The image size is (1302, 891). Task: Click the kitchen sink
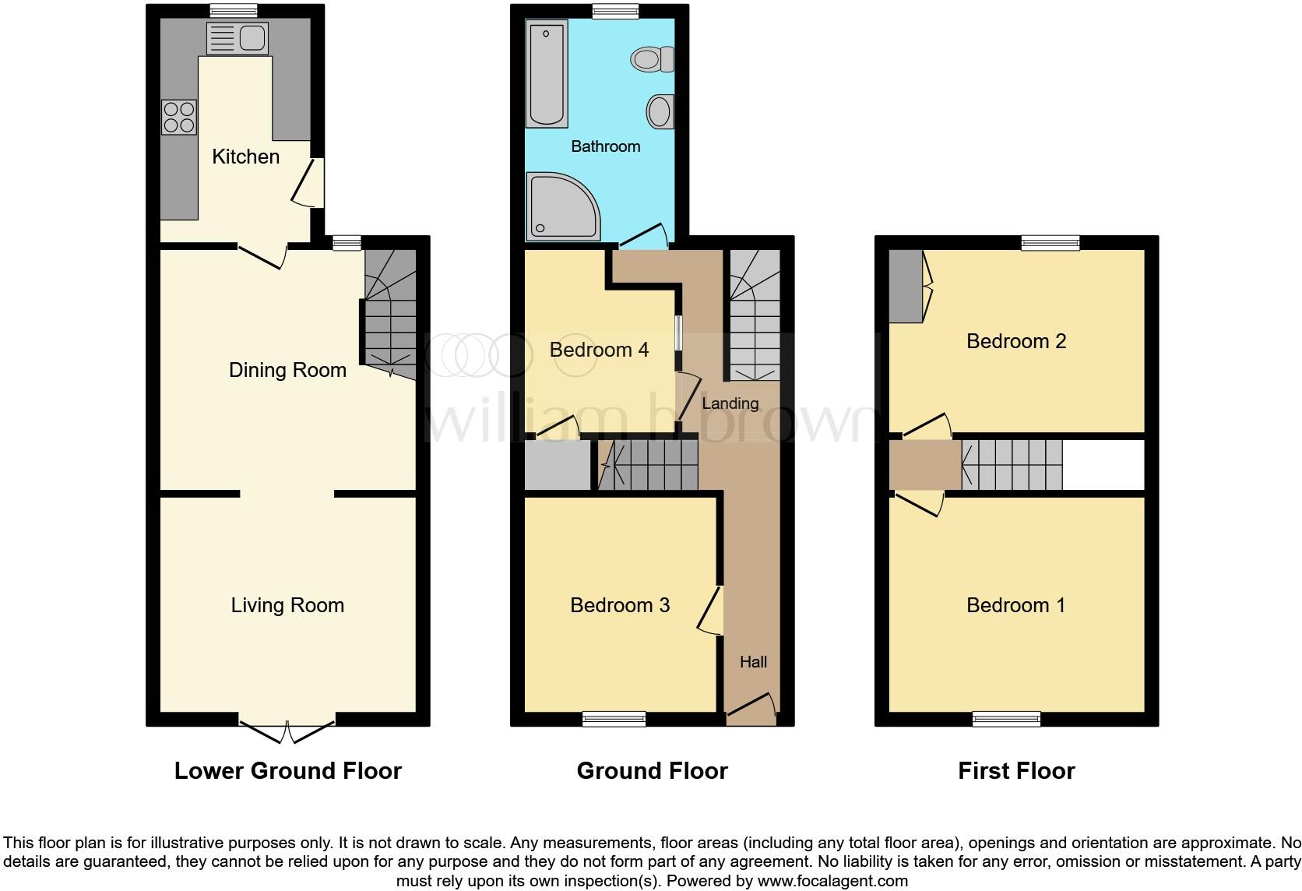(x=238, y=38)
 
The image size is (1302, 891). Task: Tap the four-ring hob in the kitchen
(x=179, y=118)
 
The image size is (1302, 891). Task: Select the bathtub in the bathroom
(x=547, y=74)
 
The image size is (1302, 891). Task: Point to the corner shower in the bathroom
(x=563, y=206)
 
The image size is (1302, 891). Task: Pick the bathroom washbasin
(x=660, y=112)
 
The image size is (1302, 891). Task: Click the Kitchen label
(x=245, y=157)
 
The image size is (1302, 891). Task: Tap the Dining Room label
(x=287, y=370)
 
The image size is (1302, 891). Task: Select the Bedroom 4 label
(x=599, y=350)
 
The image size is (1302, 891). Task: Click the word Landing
(x=730, y=403)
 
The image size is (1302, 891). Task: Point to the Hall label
(x=753, y=662)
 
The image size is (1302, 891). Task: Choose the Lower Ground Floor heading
(x=287, y=771)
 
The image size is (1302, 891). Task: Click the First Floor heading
(x=1016, y=771)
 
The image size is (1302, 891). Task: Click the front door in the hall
(x=751, y=707)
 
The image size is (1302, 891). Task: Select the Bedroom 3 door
(x=711, y=612)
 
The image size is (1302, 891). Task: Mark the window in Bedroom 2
(x=1050, y=243)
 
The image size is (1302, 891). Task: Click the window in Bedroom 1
(x=1006, y=720)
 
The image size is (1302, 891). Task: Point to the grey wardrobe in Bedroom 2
(x=905, y=286)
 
